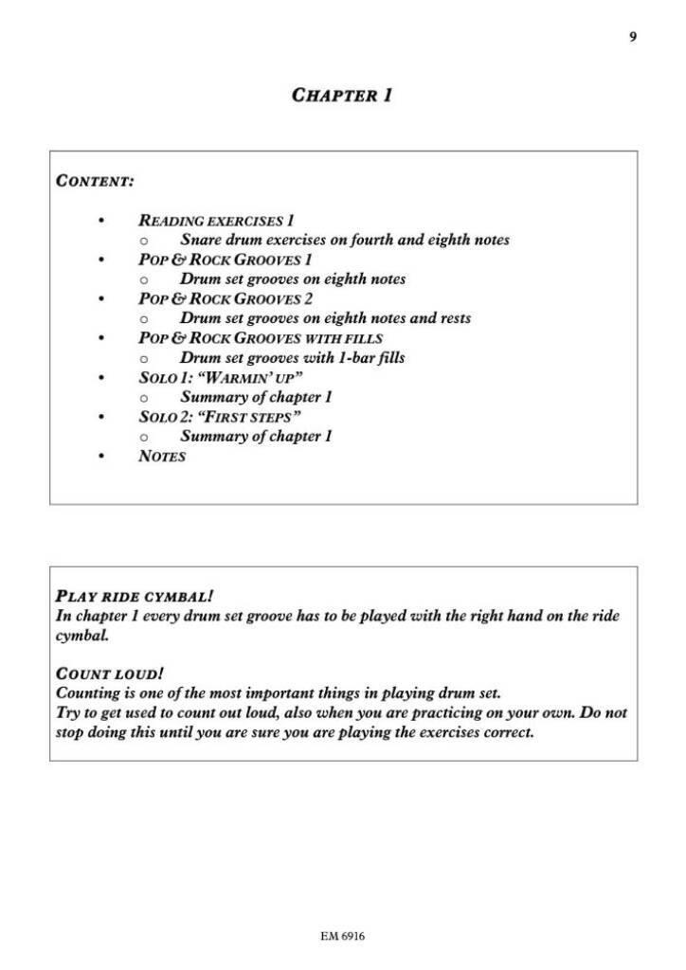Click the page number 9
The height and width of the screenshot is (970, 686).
[632, 37]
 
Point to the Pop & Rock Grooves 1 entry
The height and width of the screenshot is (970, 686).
[226, 260]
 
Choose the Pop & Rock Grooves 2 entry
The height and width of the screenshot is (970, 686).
[226, 298]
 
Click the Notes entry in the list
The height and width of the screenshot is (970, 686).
[162, 457]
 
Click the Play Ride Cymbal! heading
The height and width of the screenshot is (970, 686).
[135, 597]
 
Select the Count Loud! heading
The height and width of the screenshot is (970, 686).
[109, 674]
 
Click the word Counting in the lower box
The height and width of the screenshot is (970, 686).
[88, 693]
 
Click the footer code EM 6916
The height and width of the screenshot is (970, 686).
[342, 937]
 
